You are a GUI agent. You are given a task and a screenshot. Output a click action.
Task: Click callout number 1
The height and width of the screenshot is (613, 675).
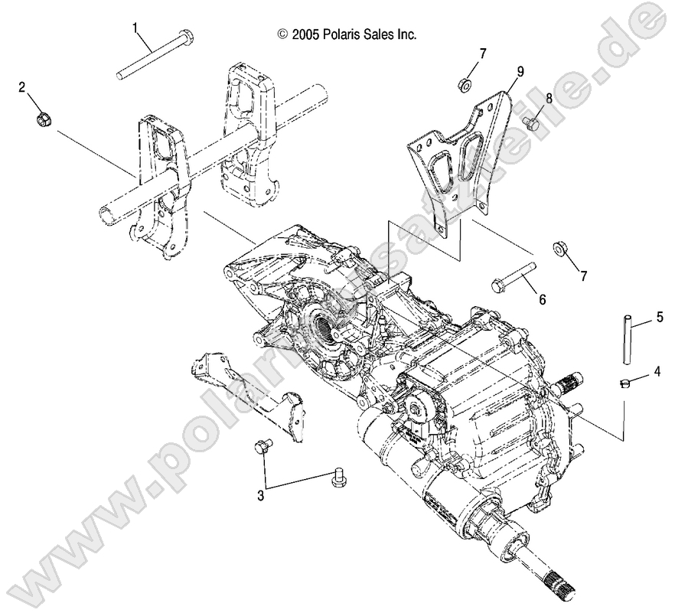coord(135,28)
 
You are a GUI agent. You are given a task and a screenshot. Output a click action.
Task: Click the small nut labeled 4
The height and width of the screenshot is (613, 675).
coord(624,382)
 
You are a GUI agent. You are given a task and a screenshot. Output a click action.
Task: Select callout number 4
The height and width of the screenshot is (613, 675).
coord(656,373)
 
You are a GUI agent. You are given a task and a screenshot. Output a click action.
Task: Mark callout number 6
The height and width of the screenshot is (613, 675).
coord(543,300)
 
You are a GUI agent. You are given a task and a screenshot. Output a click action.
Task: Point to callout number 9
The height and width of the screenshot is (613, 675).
coord(520,71)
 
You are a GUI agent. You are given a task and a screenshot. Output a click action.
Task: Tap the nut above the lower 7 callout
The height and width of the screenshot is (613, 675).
coord(559,249)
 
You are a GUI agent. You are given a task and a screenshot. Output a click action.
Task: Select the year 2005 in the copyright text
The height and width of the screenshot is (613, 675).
coord(305,34)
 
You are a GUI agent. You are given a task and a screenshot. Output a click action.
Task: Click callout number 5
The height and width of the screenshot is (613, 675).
coord(657,315)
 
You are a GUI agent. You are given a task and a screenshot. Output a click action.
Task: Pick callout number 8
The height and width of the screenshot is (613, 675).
coord(549,98)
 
